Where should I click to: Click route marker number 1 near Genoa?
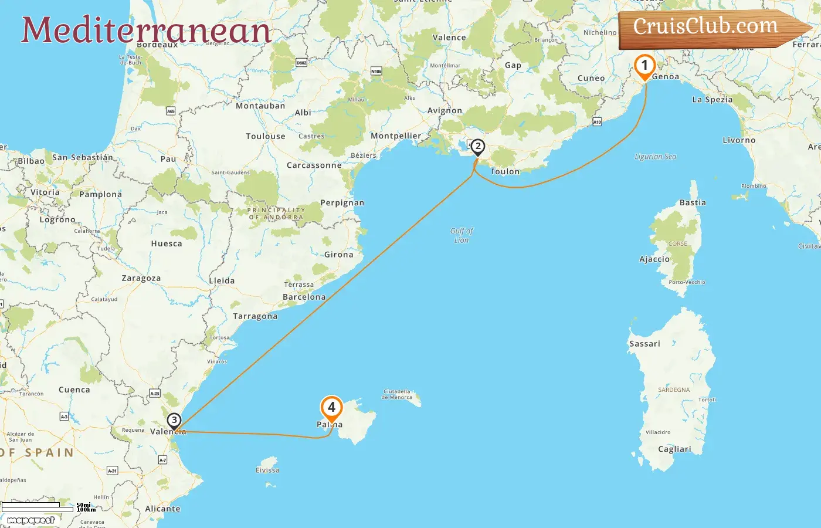click(x=644, y=66)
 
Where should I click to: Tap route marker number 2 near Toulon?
click(x=478, y=146)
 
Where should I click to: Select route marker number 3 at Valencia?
click(x=174, y=421)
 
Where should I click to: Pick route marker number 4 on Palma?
click(x=331, y=407)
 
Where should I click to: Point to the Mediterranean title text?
click(x=146, y=30)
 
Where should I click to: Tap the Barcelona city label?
click(x=304, y=297)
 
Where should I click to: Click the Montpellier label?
click(x=396, y=136)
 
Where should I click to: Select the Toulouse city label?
click(x=266, y=136)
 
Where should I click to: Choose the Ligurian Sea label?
click(x=655, y=157)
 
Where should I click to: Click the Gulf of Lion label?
click(x=462, y=235)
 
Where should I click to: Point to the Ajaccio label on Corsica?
click(x=654, y=259)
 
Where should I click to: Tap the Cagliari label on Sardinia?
click(x=674, y=449)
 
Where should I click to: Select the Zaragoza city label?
click(x=141, y=278)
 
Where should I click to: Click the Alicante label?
click(x=162, y=509)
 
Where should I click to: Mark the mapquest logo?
click(x=30, y=520)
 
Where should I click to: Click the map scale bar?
click(x=38, y=506)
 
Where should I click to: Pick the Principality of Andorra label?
click(x=276, y=214)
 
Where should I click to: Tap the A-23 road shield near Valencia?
click(x=155, y=393)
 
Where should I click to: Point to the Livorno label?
click(x=739, y=140)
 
